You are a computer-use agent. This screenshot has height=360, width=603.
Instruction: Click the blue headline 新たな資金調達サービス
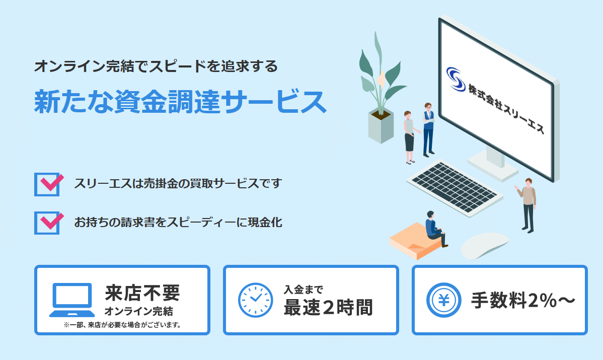(x=180, y=102)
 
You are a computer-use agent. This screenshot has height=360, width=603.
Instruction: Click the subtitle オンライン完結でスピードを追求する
(x=156, y=66)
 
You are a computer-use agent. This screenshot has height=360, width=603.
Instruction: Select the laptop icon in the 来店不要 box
(x=72, y=300)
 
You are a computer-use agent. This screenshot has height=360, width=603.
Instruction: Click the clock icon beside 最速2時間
(x=255, y=300)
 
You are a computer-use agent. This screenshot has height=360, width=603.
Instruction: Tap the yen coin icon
(x=444, y=300)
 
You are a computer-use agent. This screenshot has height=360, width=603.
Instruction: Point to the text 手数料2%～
(x=523, y=301)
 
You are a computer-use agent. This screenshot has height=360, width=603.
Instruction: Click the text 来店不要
(x=142, y=293)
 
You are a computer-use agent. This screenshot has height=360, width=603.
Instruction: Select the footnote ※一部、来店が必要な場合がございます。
(x=122, y=325)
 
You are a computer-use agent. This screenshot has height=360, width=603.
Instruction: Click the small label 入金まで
(x=304, y=289)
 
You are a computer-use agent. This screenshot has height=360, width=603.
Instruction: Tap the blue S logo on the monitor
(x=456, y=79)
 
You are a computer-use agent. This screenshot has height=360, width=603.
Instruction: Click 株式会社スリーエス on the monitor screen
(x=506, y=108)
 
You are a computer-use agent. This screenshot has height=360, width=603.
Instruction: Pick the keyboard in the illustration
(x=455, y=187)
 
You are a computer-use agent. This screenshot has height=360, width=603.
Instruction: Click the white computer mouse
(x=485, y=245)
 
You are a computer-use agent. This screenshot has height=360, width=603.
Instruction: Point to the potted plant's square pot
(x=381, y=126)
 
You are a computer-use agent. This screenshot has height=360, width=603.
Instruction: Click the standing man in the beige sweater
(x=527, y=205)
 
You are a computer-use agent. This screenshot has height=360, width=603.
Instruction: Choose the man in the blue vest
(x=428, y=129)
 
